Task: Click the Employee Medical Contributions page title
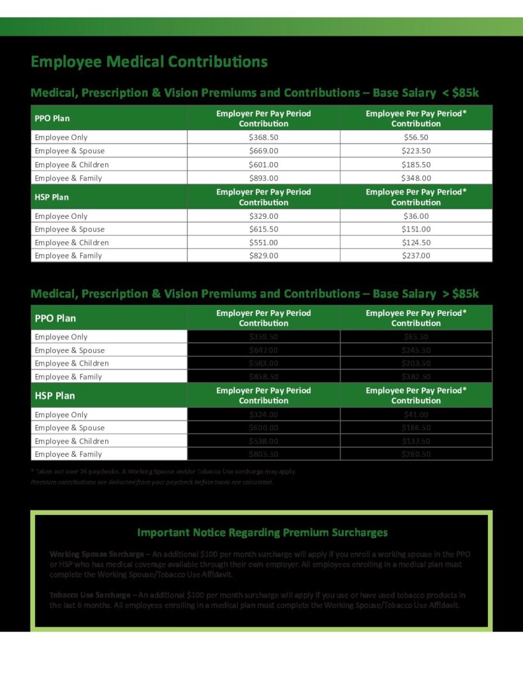(x=149, y=62)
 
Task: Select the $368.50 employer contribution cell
(x=263, y=138)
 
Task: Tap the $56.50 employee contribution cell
(x=416, y=138)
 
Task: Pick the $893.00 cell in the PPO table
(x=263, y=178)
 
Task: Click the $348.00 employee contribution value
(x=416, y=178)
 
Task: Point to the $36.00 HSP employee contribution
(x=416, y=216)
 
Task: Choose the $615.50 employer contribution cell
(x=263, y=229)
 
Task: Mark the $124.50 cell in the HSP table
(x=416, y=243)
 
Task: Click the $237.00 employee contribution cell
(x=416, y=256)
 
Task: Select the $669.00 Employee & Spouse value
(x=263, y=151)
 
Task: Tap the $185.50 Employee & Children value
(x=416, y=165)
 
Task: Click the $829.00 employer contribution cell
(x=263, y=256)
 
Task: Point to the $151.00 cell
(x=416, y=229)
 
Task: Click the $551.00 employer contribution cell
(x=263, y=243)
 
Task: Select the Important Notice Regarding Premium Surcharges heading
(x=262, y=533)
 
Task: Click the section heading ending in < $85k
(x=255, y=93)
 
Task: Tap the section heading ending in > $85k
(x=255, y=294)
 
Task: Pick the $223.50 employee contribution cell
(x=416, y=151)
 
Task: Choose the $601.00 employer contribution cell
(x=263, y=165)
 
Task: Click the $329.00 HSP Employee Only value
(x=263, y=216)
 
